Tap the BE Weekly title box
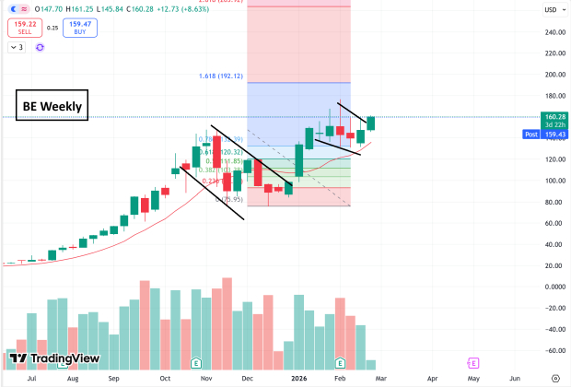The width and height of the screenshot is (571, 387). (52, 106)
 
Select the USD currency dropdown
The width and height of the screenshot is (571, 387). (554, 9)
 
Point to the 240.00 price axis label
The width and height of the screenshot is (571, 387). (554, 32)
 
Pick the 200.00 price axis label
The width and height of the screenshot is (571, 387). (554, 75)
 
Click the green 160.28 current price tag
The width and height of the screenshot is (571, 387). (554, 118)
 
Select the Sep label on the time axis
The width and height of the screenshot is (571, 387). (114, 378)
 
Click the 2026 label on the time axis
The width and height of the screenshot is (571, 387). (299, 378)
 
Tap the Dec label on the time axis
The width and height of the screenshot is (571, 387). (247, 378)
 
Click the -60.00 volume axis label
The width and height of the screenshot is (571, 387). (554, 350)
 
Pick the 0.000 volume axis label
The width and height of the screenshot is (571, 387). (554, 287)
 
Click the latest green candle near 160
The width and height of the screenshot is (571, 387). (371, 123)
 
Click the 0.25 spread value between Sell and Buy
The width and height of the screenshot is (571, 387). (52, 29)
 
